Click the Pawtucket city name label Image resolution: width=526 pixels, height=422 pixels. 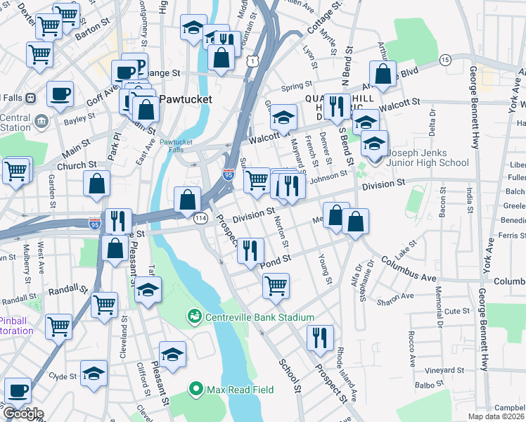pyautogui.click(x=185, y=99)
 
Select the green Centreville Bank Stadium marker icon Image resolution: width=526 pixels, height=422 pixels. pyautogui.click(x=194, y=317)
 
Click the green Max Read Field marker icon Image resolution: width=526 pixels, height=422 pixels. pyautogui.click(x=195, y=388)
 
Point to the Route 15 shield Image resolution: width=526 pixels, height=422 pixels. pyautogui.click(x=444, y=60)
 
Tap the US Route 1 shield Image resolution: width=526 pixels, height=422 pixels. pyautogui.click(x=250, y=60)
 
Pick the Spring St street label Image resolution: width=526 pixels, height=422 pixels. pyautogui.click(x=296, y=87)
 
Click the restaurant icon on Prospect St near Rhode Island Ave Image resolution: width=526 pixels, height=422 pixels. pyautogui.click(x=320, y=338)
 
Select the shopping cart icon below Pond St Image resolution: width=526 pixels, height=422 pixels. pyautogui.click(x=276, y=285)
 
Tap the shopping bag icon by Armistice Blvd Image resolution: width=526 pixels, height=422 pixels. pyautogui.click(x=383, y=73)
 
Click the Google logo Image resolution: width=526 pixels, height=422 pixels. pyautogui.click(x=23, y=413)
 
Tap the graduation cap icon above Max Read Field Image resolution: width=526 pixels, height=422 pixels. pyautogui.click(x=172, y=354)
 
